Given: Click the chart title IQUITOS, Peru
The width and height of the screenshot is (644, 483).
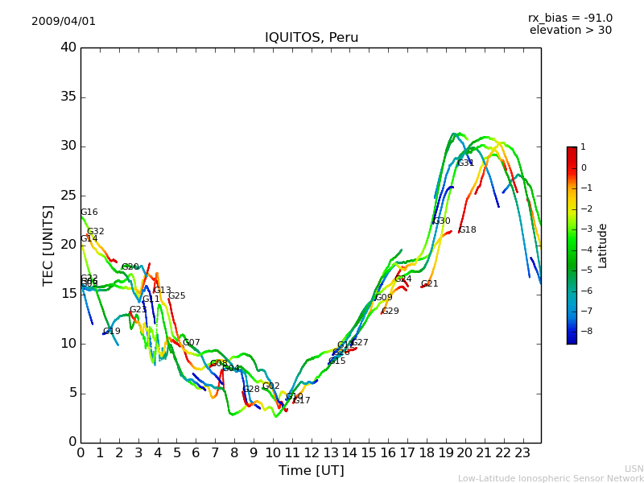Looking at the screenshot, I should pos(312,38).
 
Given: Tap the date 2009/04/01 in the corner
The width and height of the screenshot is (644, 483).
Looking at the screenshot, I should pos(64,21).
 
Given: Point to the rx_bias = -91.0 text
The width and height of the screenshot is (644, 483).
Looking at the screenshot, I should pos(570,18).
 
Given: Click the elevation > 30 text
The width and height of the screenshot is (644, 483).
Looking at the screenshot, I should pos(571,31).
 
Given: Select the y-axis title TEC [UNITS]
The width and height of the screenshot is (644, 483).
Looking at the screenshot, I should pos(48,245).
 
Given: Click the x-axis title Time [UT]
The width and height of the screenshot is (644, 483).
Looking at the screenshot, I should pos(311,470).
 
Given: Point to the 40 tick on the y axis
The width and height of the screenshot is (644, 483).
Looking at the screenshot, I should pos(68,47).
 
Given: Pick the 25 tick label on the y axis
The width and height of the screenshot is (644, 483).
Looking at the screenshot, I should pos(68,196).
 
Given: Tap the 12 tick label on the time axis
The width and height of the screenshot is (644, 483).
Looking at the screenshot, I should pos(311,452).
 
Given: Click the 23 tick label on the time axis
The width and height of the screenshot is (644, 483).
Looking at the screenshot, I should pos(522,452).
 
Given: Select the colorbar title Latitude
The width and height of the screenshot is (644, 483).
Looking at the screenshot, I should pos(602,245).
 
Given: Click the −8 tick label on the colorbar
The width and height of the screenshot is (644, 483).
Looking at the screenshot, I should pos(583,330).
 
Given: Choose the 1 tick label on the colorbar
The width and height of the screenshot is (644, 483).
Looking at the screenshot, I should pos(583,147).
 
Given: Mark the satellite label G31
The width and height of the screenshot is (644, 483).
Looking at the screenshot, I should pos(465,163).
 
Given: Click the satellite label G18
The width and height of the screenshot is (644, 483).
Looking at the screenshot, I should pos(467,229).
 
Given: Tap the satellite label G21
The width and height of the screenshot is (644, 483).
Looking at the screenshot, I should pos(429,283).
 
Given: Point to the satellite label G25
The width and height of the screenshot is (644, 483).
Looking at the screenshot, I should pos(176,295).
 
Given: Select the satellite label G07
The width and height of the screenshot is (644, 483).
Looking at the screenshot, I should pos(191,342).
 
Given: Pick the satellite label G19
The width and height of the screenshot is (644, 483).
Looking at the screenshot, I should pos(111,331).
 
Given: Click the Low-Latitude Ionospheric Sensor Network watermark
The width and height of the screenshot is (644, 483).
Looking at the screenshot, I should pos(551,478).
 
